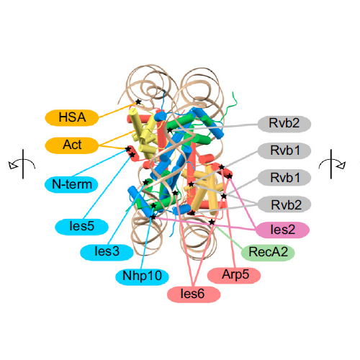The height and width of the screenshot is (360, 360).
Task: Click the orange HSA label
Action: coord(72,117)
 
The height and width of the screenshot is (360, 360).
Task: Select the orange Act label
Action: coord(72,145)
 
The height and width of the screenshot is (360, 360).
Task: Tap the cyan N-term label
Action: coord(71,184)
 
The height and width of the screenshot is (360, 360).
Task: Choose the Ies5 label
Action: coord(81,226)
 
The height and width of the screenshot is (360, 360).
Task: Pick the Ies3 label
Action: coord(107,252)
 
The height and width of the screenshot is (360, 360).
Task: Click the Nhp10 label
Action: coord(142,276)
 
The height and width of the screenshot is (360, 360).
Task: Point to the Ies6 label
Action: coord(194,294)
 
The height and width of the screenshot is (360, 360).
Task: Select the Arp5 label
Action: coord(234,275)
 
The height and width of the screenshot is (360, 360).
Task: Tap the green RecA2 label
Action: coord(268,252)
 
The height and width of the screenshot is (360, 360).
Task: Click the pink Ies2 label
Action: coord(282,230)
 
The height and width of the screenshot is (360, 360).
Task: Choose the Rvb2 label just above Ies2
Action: coord(284,205)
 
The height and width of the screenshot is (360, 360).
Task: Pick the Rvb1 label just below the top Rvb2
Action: coord(284,150)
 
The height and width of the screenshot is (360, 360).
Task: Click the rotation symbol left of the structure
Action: coord(22,164)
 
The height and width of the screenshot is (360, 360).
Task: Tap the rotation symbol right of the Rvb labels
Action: coord(332,164)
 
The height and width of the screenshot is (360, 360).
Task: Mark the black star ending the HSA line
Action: coord(138,102)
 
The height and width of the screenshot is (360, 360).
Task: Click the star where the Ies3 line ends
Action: coord(145,182)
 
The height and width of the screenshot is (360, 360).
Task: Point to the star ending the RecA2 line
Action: coord(212,222)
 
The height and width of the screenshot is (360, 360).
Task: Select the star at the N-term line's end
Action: coord(128,149)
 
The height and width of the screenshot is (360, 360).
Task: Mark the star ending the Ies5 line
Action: coord(132,155)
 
